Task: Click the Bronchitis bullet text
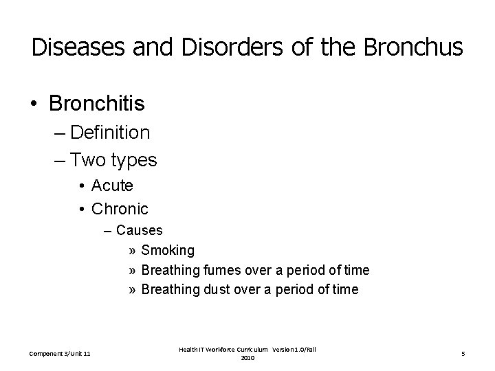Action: pyautogui.click(x=97, y=104)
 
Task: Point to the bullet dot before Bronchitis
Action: pyautogui.click(x=34, y=104)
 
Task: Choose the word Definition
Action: pyautogui.click(x=109, y=133)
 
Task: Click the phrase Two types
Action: pyautogui.click(x=113, y=161)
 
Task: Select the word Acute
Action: pyautogui.click(x=112, y=186)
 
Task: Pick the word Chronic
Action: pyautogui.click(x=120, y=207)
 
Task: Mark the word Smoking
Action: pyautogui.click(x=168, y=250)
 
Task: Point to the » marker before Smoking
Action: pyautogui.click(x=131, y=250)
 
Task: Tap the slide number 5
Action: pyautogui.click(x=463, y=354)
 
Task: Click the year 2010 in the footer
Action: pyautogui.click(x=247, y=358)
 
